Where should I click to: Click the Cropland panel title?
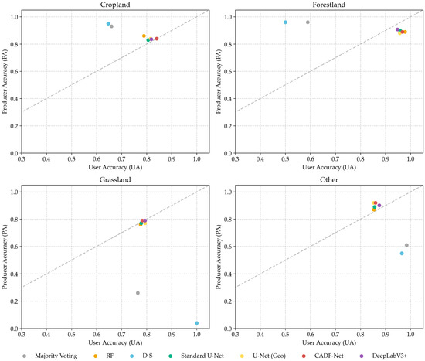click(x=115, y=5)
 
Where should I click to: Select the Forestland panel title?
click(x=328, y=5)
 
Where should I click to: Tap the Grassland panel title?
click(x=115, y=180)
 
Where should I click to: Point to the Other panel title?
click(x=328, y=180)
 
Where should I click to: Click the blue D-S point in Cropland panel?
click(x=108, y=24)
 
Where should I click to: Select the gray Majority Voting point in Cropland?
click(x=111, y=26)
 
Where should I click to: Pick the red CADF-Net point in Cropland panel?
click(x=157, y=39)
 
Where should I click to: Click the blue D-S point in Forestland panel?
click(x=285, y=22)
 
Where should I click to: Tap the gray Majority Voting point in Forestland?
click(x=308, y=22)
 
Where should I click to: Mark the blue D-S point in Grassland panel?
click(x=197, y=323)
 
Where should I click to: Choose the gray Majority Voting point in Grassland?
click(x=138, y=293)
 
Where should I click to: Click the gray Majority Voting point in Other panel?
click(x=406, y=245)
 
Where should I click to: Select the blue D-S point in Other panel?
click(x=402, y=254)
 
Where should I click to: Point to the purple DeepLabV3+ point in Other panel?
click(x=379, y=206)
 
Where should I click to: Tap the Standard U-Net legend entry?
click(x=196, y=356)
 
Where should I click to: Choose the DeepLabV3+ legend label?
click(x=389, y=356)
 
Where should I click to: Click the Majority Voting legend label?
click(x=56, y=356)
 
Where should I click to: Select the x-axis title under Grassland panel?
click(x=115, y=342)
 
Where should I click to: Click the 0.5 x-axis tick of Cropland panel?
click(x=72, y=159)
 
